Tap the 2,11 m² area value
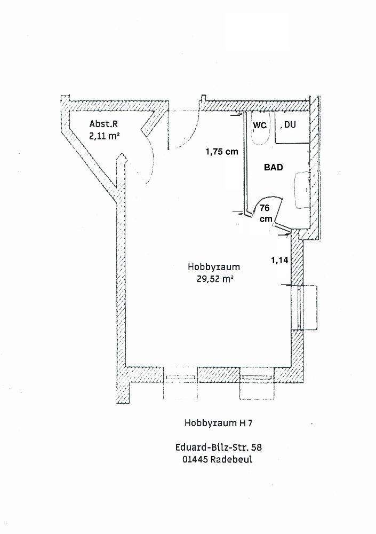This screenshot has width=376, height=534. (x=104, y=137)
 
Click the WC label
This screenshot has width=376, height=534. (x=259, y=125)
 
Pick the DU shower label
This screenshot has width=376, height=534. (x=290, y=125)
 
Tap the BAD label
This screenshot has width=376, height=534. (x=274, y=167)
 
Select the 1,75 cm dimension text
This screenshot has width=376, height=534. (x=221, y=151)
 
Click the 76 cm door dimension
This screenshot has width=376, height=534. (x=266, y=213)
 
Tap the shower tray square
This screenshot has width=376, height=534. (x=292, y=129)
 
